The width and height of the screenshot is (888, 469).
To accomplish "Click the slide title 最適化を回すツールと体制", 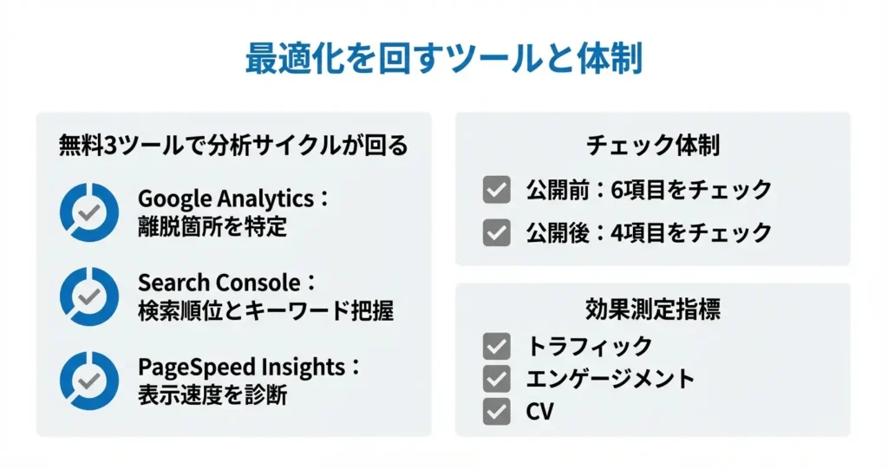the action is [x=444, y=58].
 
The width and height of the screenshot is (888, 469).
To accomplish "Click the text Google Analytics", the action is [x=226, y=199].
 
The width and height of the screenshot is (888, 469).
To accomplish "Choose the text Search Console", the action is [x=219, y=283].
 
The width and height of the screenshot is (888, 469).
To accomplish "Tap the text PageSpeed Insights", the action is [x=242, y=367].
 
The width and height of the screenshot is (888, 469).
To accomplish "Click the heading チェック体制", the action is [x=653, y=145].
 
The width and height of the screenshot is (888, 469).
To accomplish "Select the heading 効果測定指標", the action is [x=653, y=309].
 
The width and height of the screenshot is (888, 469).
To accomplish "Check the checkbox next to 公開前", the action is [x=497, y=189].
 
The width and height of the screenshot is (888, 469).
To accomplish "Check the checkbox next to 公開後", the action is [x=497, y=232].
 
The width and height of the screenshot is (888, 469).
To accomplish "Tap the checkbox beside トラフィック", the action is [x=497, y=346].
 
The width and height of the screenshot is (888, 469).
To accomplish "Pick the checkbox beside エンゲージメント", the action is [x=497, y=378].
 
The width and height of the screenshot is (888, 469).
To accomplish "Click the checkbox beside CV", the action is [x=497, y=411].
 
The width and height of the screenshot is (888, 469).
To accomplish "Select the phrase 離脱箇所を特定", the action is [x=212, y=226].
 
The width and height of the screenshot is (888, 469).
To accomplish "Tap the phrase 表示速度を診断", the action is [x=212, y=394].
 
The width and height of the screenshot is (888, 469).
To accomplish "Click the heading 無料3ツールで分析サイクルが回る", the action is [x=233, y=145].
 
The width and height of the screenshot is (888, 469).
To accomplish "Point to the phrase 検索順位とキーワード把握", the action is [x=265, y=311].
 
